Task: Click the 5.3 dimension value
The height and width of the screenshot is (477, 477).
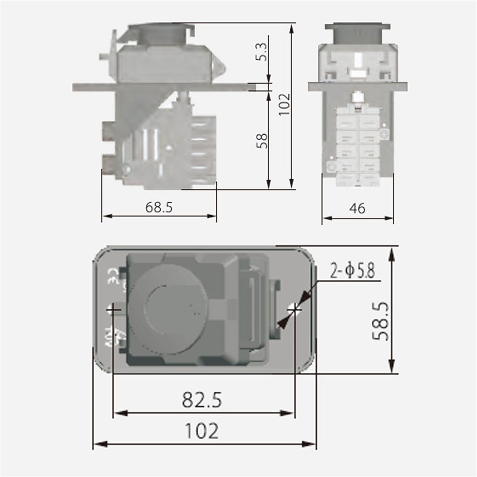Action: pyautogui.click(x=262, y=51)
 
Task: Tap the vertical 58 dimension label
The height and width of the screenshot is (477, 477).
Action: pyautogui.click(x=262, y=141)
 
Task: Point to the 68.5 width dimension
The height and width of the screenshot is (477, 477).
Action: pyautogui.click(x=159, y=207)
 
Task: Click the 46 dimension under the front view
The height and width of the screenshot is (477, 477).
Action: pyautogui.click(x=357, y=209)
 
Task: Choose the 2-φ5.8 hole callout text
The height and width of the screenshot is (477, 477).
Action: pyautogui.click(x=352, y=271)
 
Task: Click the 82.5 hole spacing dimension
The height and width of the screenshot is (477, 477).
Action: pyautogui.click(x=202, y=400)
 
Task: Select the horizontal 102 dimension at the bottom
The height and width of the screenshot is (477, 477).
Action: pyautogui.click(x=202, y=431)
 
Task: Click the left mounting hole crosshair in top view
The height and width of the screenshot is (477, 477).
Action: pyautogui.click(x=113, y=309)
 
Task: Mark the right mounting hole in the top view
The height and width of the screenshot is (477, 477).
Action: pyautogui.click(x=294, y=308)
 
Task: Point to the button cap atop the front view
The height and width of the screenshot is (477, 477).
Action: pyautogui.click(x=357, y=32)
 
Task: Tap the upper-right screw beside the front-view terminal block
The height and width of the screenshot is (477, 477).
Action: pyautogui.click(x=384, y=134)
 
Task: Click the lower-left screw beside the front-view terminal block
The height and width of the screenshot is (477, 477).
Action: pyautogui.click(x=331, y=167)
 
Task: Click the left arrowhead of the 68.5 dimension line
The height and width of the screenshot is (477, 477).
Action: pyautogui.click(x=105, y=216)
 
